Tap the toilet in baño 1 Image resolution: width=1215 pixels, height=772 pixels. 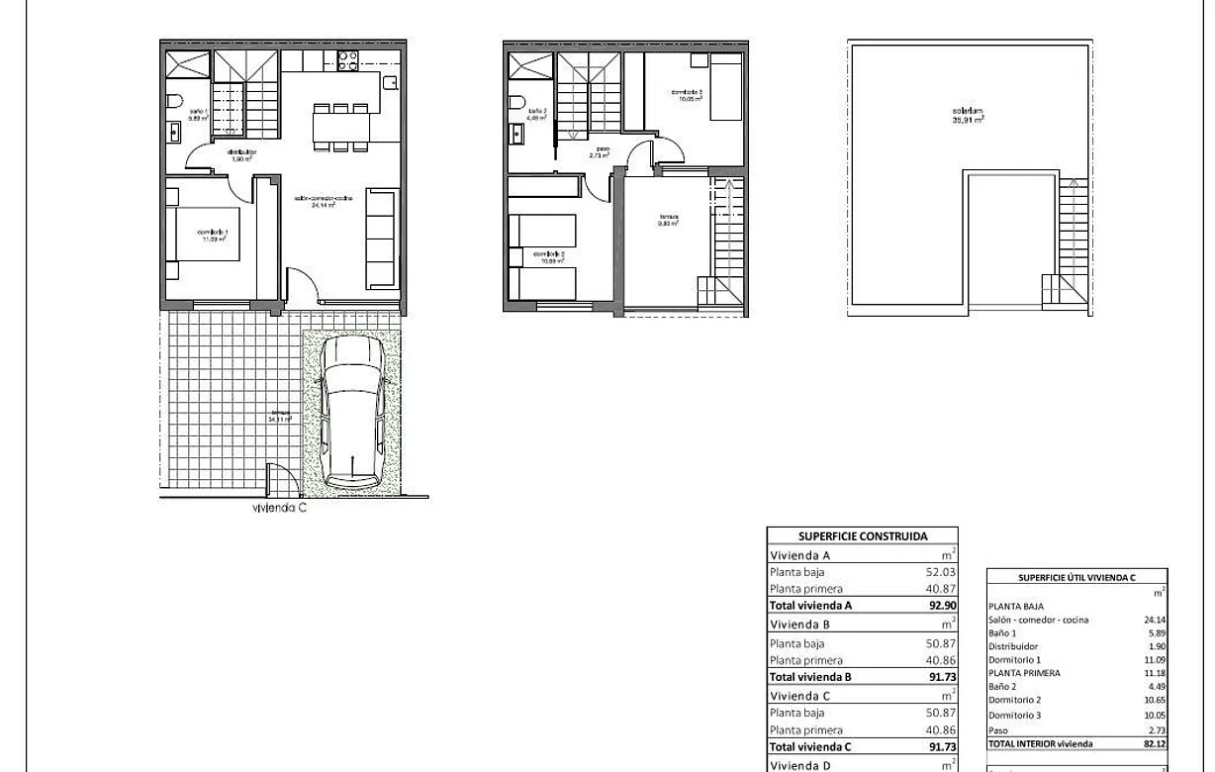pos(175,100)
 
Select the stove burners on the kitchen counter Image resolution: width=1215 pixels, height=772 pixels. pos(347,60)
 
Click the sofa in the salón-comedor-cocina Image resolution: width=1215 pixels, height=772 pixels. pos(380,240)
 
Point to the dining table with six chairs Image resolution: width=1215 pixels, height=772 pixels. pos(342,127)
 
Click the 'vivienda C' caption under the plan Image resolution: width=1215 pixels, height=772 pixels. pos(280,509)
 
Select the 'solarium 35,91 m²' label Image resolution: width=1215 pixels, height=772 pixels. pos(967,115)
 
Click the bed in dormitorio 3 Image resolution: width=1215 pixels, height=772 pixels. pos(726,88)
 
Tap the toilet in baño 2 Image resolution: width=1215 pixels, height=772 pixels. pos(516,101)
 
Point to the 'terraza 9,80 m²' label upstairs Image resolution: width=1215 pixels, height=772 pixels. pos(669,221)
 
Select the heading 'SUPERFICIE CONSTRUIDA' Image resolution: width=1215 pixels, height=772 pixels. pos(863,536)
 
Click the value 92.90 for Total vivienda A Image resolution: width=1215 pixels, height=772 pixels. pos(936,606)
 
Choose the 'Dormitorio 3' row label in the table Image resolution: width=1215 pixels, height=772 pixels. pos(1014,715)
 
